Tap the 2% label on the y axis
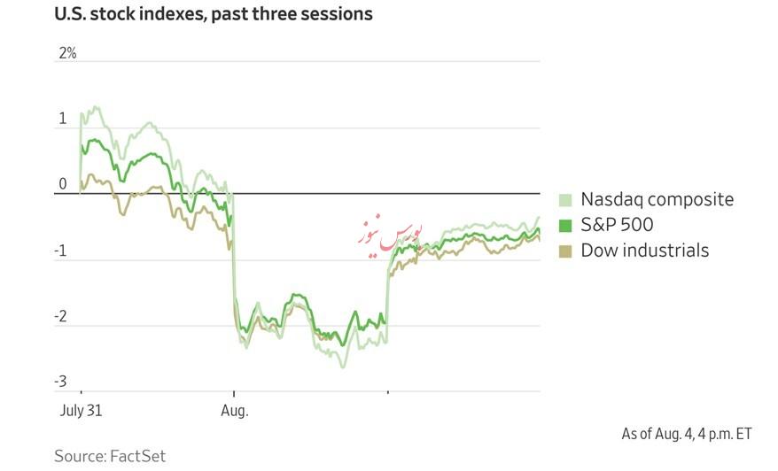point(67,53)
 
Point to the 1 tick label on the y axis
point(63,119)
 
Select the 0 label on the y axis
point(63,184)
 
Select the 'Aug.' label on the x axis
point(235,411)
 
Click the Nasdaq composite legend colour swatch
point(565,200)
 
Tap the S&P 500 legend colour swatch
point(565,226)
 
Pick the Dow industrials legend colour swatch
point(565,251)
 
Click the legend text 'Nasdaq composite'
point(657,199)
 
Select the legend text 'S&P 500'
point(617,225)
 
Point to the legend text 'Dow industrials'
point(644,251)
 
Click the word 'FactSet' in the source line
point(137,456)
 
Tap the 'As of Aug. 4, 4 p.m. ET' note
point(686,434)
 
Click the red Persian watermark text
point(391,234)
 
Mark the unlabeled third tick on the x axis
point(387,391)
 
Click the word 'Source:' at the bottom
point(80,456)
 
